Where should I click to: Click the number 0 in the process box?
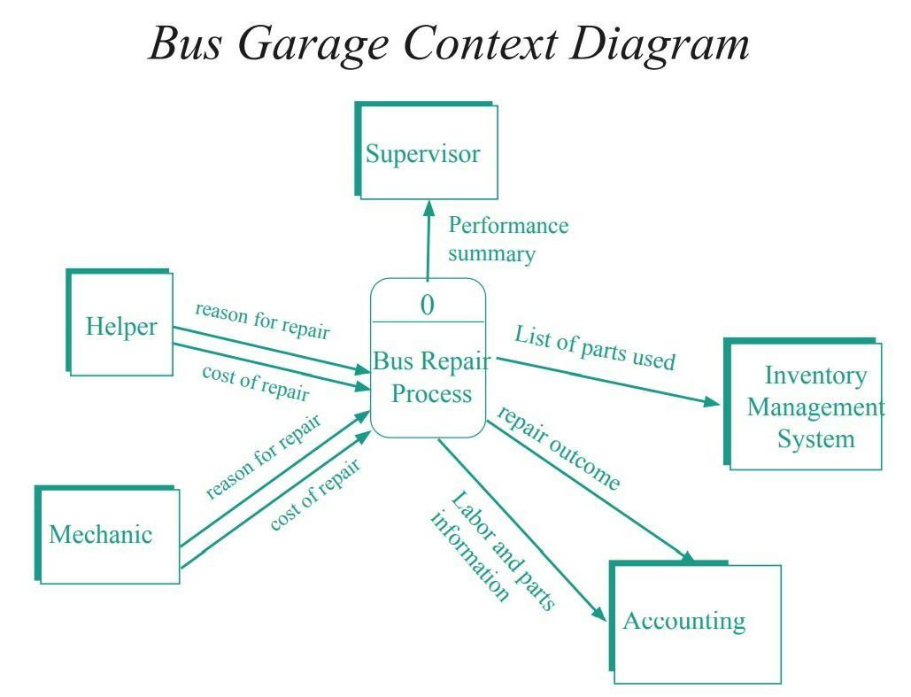(428, 305)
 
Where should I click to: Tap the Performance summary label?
(507, 239)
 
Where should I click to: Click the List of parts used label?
(595, 348)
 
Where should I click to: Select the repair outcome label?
(559, 448)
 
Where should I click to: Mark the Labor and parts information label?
(491, 549)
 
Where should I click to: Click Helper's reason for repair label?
(262, 320)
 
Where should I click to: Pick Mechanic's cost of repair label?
(315, 494)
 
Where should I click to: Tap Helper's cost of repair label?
(255, 382)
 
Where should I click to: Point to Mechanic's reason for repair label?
(263, 455)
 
